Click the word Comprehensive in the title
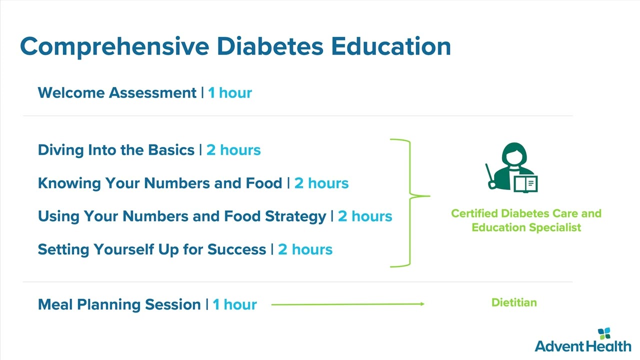coord(115,47)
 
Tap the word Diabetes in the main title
coord(270,46)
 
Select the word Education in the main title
coord(391,46)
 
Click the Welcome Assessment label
coord(117,93)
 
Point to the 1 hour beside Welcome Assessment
coord(230,93)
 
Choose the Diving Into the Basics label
coord(116,150)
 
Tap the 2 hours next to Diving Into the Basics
coord(233,150)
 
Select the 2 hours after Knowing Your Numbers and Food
coord(321,183)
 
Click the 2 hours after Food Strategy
coord(365,216)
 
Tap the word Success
coord(237,249)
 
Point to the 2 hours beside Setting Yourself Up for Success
coord(305,249)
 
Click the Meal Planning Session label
coord(119,304)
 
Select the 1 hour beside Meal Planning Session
coord(235,304)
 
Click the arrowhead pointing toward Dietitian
coord(422,304)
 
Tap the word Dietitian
coord(514,302)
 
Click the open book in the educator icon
coord(525,184)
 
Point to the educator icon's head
coord(514,154)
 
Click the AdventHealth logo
coord(583,340)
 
